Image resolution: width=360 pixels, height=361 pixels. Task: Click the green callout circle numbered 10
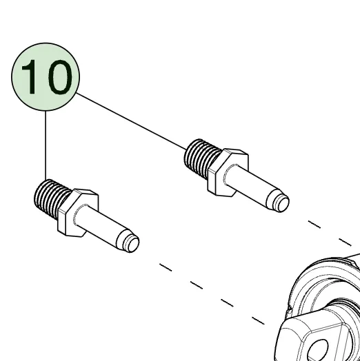(x=46, y=76)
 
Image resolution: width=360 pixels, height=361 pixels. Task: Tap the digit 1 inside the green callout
(x=30, y=76)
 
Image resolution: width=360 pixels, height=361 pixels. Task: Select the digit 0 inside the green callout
(x=60, y=77)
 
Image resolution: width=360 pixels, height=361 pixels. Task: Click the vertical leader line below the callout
(x=46, y=145)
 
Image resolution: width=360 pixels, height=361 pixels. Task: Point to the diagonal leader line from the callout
(x=131, y=121)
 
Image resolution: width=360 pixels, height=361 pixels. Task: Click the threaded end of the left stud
(x=52, y=198)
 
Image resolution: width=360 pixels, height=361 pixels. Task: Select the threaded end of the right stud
(x=202, y=158)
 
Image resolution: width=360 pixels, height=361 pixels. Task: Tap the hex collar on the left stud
(x=78, y=213)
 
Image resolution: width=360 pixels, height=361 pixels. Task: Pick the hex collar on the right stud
(x=228, y=173)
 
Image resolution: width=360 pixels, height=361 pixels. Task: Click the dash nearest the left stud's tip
(x=166, y=267)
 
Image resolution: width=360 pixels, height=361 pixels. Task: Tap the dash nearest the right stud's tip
(x=314, y=225)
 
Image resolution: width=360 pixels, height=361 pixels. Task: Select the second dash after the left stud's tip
(x=197, y=285)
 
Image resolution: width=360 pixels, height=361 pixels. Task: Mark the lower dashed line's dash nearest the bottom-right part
(x=258, y=320)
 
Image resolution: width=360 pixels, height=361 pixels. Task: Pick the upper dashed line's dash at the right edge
(x=345, y=243)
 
